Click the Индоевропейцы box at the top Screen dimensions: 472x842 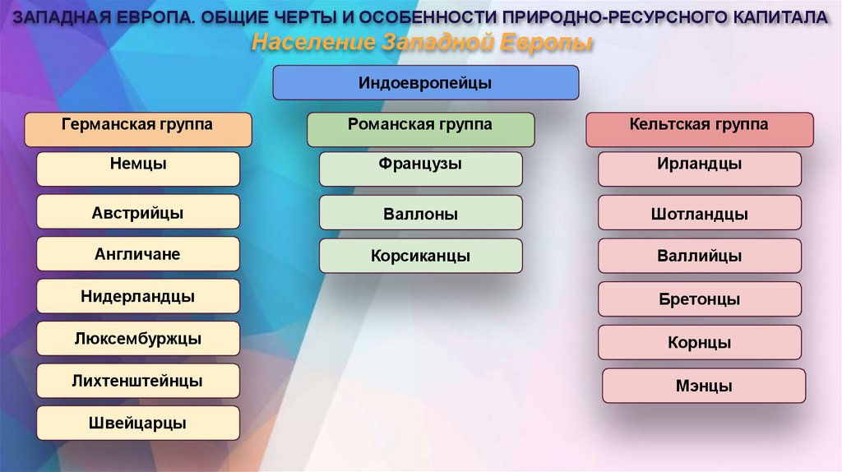pos(425,83)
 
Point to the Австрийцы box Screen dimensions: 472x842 pos(138,211)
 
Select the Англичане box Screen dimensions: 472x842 pos(138,253)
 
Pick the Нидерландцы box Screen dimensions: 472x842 pos(138,296)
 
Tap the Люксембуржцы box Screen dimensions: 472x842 pos(138,338)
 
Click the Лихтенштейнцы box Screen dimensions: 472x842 pos(138,381)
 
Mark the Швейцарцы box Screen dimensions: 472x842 pos(138,423)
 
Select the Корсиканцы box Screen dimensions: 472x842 pos(420,256)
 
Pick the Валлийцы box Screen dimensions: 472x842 pos(699,256)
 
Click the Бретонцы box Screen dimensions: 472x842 pos(699,299)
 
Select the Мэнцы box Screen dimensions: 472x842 pos(704,386)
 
